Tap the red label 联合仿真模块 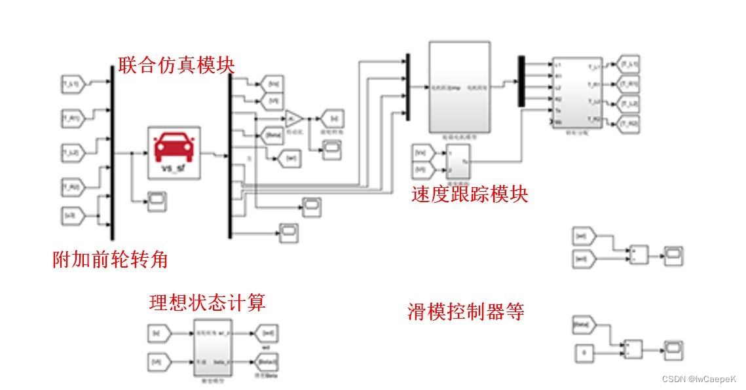click(176, 65)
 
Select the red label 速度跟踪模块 click(470, 194)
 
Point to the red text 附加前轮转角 click(110, 260)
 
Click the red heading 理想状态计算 click(207, 303)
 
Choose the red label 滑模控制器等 click(466, 311)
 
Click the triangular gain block click(293, 118)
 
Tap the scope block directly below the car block click(157, 200)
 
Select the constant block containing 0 click(584, 354)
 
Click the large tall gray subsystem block click(458, 87)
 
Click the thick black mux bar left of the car click(112, 154)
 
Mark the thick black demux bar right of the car click(230, 156)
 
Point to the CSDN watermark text click(699, 379)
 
